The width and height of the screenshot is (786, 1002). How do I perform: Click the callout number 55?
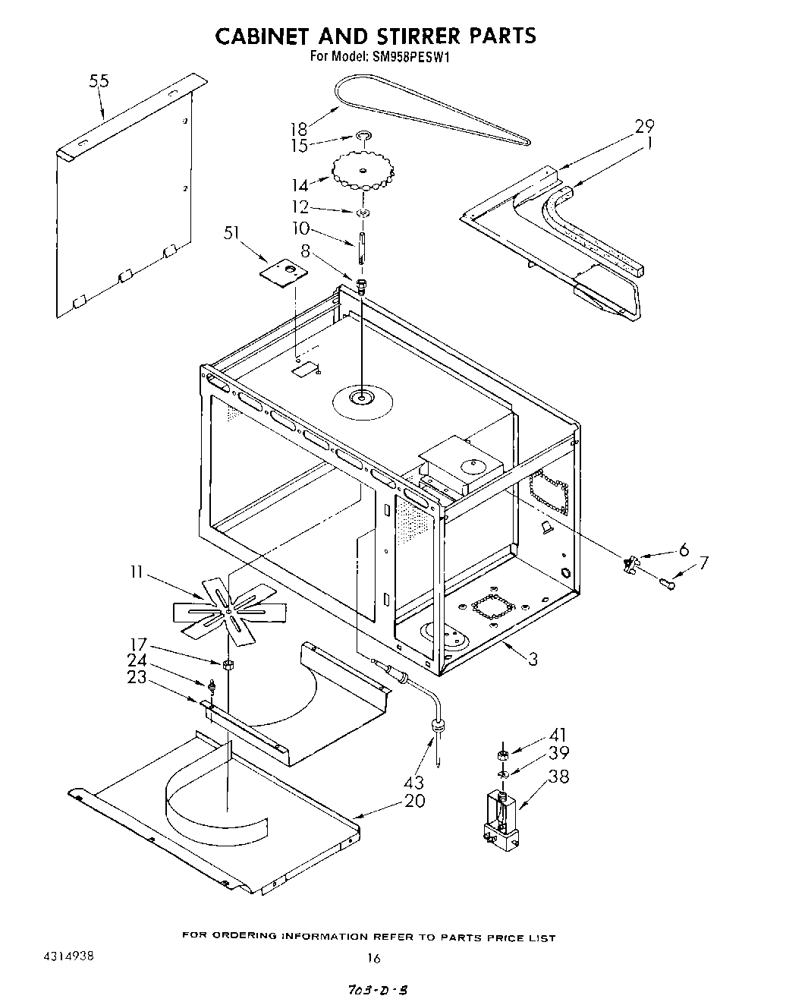[x=99, y=81]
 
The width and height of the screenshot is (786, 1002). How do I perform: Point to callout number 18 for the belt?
[x=299, y=128]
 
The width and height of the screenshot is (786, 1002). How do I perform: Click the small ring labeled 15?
[x=364, y=137]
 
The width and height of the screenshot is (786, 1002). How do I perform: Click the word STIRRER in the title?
[x=398, y=36]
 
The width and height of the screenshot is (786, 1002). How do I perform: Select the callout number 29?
[x=644, y=125]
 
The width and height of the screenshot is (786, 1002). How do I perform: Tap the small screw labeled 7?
[x=668, y=583]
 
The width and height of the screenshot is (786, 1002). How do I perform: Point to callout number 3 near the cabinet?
[x=533, y=659]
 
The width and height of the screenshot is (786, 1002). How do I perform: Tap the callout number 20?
[x=415, y=801]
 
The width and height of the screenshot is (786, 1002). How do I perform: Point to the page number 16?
[x=373, y=958]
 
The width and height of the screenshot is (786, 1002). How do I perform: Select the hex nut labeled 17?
[x=227, y=665]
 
